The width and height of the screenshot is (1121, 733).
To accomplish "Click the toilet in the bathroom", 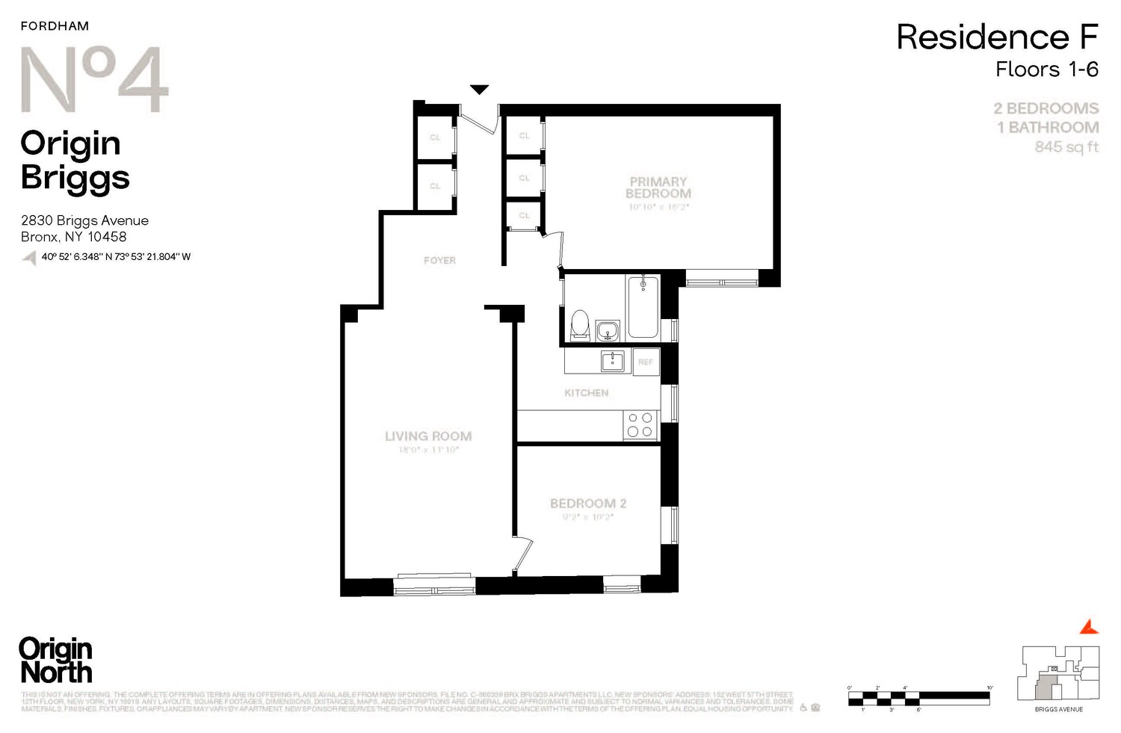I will coord(580,326).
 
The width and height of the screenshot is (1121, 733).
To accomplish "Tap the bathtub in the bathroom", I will coord(643,307).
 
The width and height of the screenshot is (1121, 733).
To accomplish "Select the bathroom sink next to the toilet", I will coord(608,330).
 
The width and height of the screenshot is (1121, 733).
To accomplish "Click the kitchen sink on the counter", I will coord(613,362).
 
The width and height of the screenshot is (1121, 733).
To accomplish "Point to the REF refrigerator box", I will coord(646,362).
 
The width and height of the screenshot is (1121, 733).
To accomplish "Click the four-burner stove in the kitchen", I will coord(640,425).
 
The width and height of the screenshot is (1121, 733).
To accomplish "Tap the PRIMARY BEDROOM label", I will coord(658,188).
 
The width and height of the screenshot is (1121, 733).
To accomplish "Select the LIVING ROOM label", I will coord(428,436).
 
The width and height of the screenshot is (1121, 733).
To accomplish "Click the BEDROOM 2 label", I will coord(588,504).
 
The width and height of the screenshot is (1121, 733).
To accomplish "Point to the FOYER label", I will coord(439,261).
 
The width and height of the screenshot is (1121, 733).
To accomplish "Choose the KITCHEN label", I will coord(586,393).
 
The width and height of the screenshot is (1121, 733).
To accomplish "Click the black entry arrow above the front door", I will coord(479,90).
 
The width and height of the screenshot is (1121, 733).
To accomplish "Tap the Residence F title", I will coord(997,37).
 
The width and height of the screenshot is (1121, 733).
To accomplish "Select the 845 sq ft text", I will coord(1066,147).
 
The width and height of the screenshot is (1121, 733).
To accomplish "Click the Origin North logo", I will coord(56,661).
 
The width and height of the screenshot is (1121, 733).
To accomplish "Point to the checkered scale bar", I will coord(918,699).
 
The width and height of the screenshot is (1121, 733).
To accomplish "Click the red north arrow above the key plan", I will coord(1090,626).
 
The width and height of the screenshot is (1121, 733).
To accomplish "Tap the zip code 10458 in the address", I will coord(107,237).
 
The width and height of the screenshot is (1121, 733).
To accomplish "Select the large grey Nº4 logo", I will coord(94,80).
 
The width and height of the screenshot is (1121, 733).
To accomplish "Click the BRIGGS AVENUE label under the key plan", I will coord(1058,709).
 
